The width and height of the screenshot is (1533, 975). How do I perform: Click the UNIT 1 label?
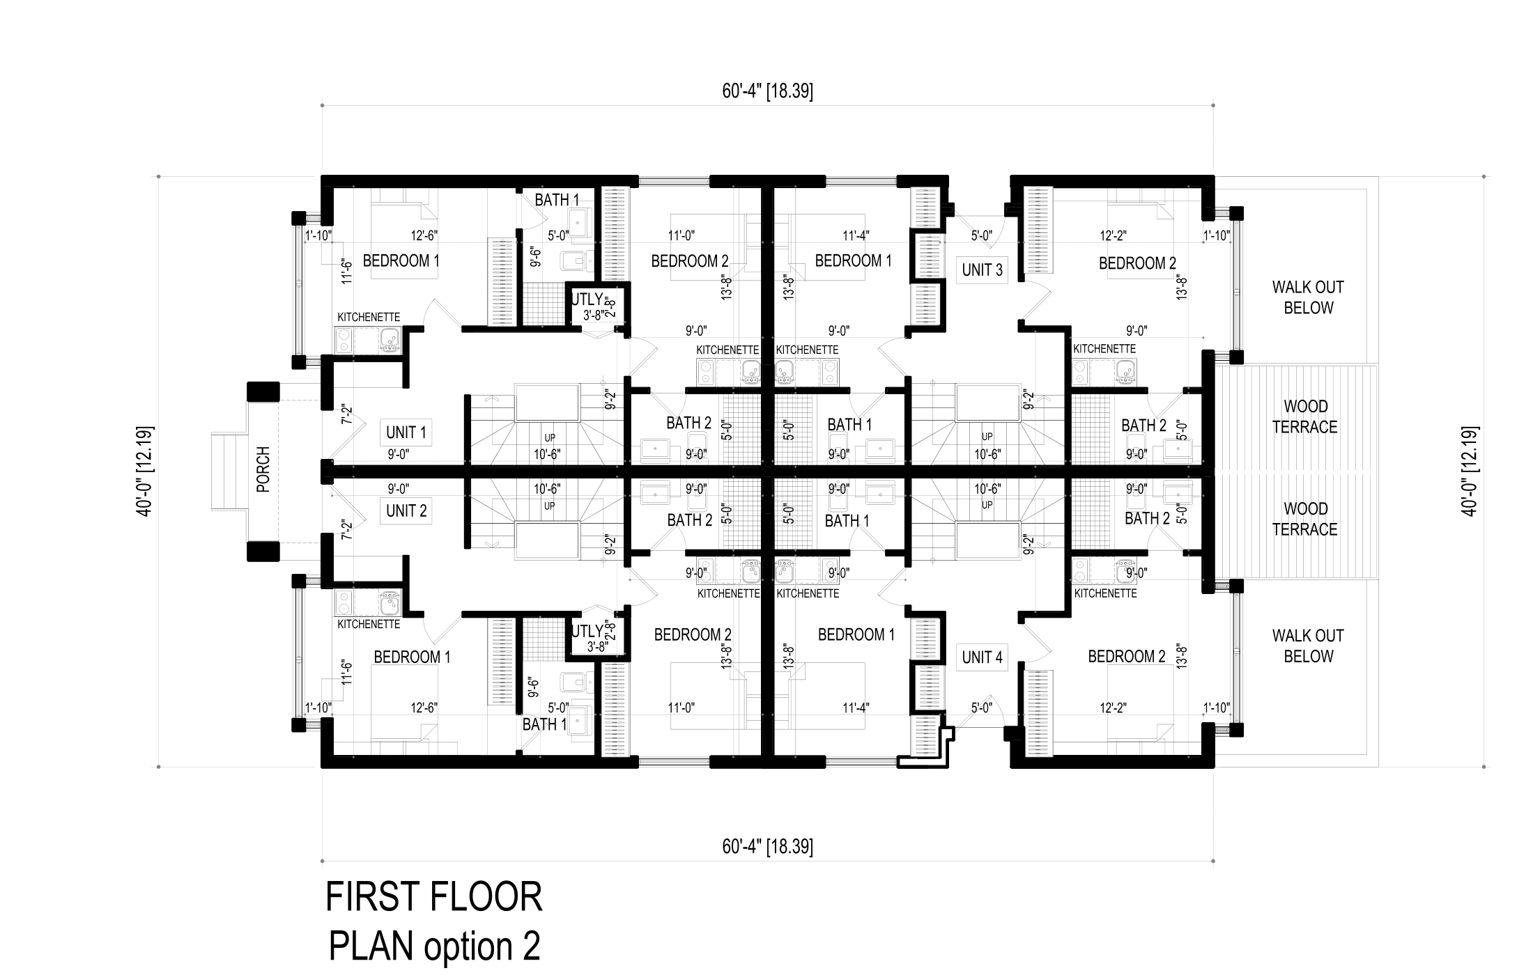(406, 432)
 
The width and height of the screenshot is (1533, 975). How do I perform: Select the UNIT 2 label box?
(406, 511)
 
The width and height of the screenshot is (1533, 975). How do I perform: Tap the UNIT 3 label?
(982, 270)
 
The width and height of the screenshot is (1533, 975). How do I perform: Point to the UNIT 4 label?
(982, 657)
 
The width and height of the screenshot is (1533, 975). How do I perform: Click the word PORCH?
(263, 469)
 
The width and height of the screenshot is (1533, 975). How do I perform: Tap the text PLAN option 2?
(433, 946)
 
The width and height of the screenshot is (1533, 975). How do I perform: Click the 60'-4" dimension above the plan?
(767, 91)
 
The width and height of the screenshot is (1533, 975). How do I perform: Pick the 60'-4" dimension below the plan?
(767, 847)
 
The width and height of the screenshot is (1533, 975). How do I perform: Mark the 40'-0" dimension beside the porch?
(145, 471)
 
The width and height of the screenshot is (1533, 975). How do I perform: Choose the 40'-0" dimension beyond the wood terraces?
(1470, 471)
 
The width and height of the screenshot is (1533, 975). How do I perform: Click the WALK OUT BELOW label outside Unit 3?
(1308, 297)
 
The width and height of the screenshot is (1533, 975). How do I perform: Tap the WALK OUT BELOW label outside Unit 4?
(1308, 646)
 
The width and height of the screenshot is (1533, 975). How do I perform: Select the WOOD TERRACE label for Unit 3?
(1305, 416)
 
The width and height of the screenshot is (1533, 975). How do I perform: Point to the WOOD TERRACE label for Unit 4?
(1305, 519)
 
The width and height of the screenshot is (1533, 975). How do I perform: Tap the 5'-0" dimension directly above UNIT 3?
(982, 236)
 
